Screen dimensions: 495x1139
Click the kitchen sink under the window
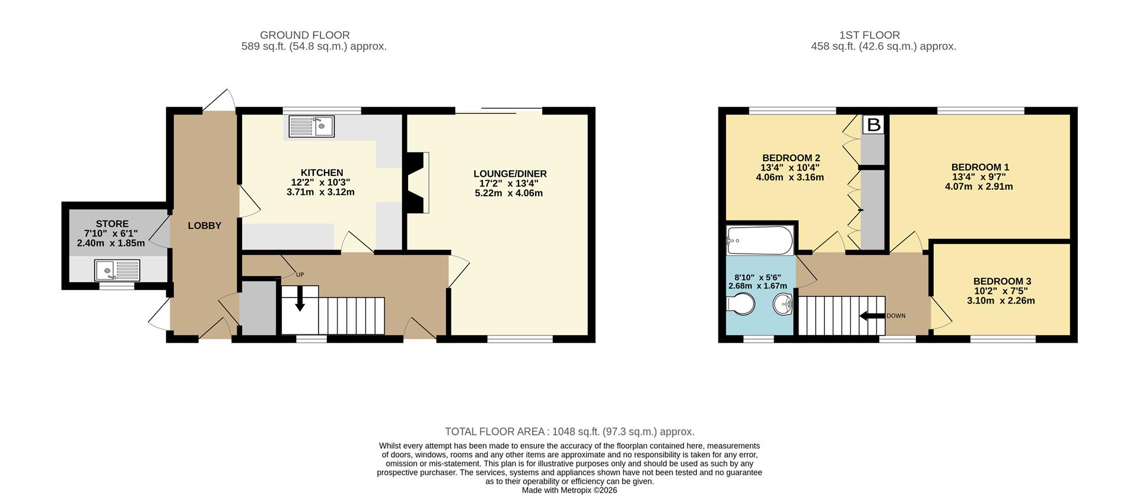tap(311, 126)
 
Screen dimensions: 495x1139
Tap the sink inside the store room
tap(117, 270)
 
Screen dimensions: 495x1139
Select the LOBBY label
tap(205, 226)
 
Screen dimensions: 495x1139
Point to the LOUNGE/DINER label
tap(510, 174)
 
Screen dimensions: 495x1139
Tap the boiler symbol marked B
tap(873, 125)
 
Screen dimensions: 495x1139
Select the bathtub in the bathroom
tap(760, 240)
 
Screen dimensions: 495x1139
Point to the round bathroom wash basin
tap(783, 305)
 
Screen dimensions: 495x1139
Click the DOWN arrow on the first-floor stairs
tap(871, 316)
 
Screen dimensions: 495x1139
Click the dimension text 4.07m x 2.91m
tap(979, 187)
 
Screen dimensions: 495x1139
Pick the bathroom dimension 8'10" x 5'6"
tap(758, 277)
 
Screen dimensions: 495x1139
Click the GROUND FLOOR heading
tap(304, 36)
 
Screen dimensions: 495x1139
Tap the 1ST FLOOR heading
tap(870, 36)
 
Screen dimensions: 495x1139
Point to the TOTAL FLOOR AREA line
tap(569, 432)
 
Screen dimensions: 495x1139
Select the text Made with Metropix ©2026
tap(569, 490)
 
